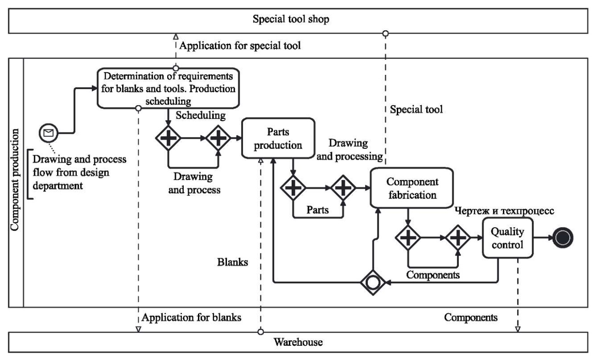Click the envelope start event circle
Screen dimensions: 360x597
(48, 133)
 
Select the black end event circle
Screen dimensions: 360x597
(564, 238)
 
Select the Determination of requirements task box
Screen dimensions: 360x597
(168, 88)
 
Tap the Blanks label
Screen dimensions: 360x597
(232, 262)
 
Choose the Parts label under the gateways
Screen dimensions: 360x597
(317, 210)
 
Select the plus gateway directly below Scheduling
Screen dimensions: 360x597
(169, 137)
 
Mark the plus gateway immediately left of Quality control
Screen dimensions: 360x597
(458, 237)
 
